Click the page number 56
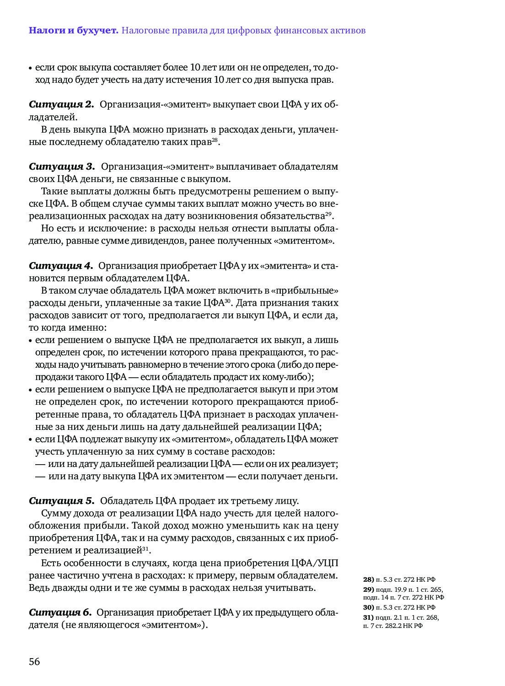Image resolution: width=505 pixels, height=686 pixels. (x=34, y=661)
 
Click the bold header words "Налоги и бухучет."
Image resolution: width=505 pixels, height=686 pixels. (x=74, y=31)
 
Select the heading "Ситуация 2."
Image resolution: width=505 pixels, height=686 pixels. (x=61, y=105)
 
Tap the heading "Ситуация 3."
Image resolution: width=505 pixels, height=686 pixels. (x=62, y=166)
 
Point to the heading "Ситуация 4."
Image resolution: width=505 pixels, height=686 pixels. (x=61, y=266)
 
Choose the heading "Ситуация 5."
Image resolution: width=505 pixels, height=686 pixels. (x=61, y=501)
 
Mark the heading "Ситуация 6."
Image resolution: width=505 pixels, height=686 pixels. (x=60, y=612)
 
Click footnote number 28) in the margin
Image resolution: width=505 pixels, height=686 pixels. (x=368, y=579)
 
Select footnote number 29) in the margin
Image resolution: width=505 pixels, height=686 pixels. (x=368, y=590)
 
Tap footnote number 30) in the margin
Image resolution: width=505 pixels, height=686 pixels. (x=368, y=607)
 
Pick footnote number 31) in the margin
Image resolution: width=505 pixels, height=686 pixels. (x=368, y=617)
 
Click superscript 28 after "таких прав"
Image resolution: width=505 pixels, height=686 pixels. (x=215, y=139)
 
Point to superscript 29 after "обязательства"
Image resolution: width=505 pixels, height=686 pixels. (x=328, y=214)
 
